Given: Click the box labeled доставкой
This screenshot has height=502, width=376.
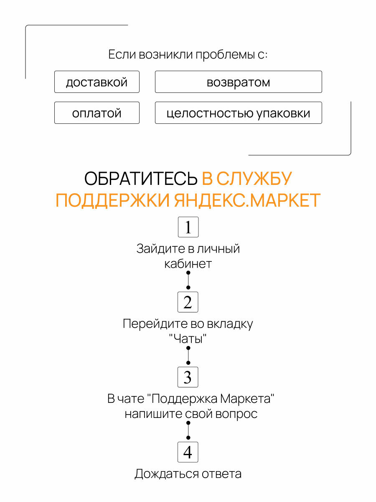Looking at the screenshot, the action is point(97,82).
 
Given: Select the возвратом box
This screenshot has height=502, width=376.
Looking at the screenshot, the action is point(238,82).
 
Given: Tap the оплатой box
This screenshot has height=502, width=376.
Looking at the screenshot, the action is point(97,113).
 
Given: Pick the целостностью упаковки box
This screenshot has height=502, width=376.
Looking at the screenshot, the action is point(238,113).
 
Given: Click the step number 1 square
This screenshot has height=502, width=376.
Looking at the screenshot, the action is point(188,228).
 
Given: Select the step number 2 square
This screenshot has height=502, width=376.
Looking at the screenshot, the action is point(188,302).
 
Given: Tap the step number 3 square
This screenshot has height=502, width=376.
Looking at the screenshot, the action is point(188,377).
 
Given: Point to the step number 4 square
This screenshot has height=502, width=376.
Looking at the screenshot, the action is point(188,452).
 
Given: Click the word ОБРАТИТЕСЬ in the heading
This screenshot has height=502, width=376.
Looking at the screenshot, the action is point(141,179).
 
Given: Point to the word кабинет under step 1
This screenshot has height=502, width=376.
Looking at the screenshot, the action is point(188,264).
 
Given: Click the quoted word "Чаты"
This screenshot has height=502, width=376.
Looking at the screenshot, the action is point(188,339).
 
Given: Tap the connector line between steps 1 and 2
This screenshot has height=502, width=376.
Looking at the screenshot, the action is point(188,280).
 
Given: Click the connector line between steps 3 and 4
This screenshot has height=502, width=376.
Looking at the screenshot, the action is point(188,430).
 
